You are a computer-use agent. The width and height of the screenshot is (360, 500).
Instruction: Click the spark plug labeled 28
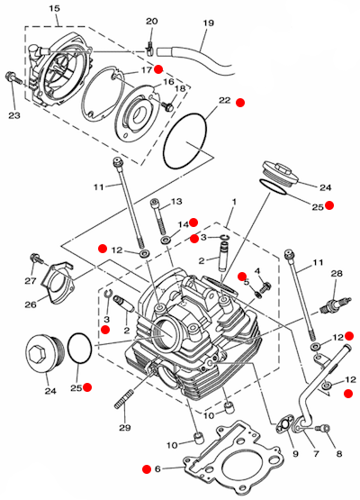click(x=335, y=305)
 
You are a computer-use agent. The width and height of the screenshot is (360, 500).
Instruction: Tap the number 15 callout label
click(x=55, y=9)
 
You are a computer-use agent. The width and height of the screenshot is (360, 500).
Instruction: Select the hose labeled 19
click(x=196, y=59)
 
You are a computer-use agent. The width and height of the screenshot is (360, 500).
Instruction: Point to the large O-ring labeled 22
click(x=184, y=141)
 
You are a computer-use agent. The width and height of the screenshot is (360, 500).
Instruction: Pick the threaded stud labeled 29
click(x=123, y=398)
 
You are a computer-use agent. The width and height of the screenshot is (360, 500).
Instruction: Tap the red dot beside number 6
click(x=147, y=468)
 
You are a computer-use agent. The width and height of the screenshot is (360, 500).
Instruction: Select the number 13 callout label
click(x=176, y=202)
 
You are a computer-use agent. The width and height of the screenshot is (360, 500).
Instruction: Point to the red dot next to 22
click(x=240, y=103)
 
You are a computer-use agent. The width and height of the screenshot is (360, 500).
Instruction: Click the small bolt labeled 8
click(x=322, y=428)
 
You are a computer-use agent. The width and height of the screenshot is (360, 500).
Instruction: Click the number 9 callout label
click(x=295, y=453)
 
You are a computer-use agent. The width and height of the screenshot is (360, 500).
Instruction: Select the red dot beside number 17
click(x=158, y=69)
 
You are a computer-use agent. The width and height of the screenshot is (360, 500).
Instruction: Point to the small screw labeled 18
click(x=167, y=105)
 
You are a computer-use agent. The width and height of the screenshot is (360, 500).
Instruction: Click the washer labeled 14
click(x=166, y=240)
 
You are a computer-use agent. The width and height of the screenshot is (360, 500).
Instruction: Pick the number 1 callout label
click(x=234, y=202)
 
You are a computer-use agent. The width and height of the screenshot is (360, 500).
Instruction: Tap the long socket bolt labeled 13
click(x=159, y=217)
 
